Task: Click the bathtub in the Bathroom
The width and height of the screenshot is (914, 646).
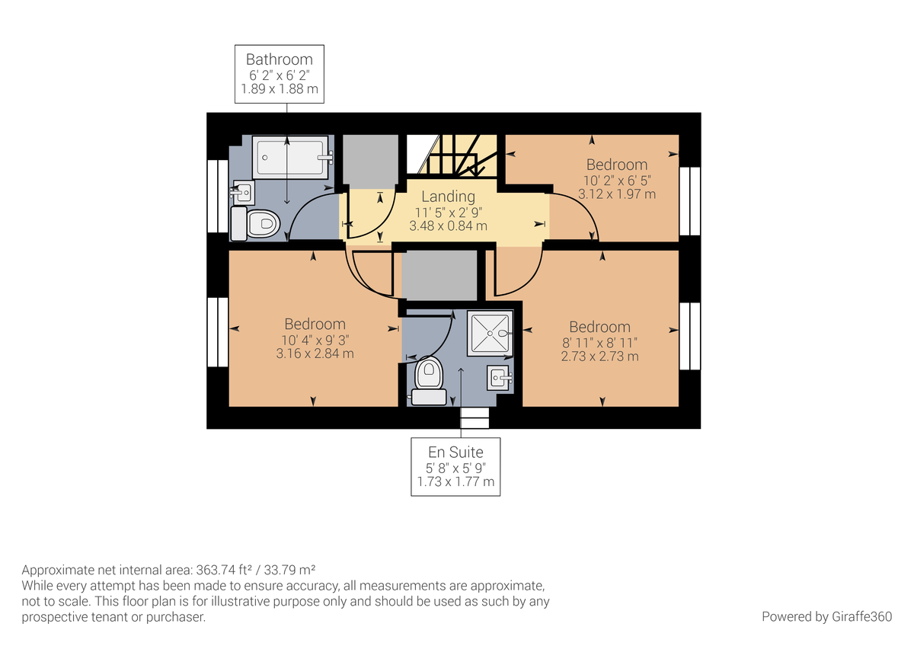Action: point(290,157)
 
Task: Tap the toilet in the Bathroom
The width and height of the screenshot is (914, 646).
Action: point(255,224)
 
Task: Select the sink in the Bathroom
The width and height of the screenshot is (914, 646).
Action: point(244,193)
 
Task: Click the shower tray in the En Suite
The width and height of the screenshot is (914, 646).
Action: point(490,333)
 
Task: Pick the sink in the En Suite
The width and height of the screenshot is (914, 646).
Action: point(500,378)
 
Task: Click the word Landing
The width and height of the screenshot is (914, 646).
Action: point(448,197)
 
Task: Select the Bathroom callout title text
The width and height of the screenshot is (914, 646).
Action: point(280,59)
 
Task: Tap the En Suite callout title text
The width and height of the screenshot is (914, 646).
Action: point(455,453)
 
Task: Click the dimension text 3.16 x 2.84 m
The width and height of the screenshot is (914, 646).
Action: point(315,353)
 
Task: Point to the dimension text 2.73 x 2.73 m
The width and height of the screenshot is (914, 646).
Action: point(599,357)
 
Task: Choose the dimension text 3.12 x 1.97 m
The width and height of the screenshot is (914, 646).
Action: point(616,193)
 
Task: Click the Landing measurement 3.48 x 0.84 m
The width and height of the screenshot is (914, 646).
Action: point(448,225)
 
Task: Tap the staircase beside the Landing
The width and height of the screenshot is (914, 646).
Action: point(452,157)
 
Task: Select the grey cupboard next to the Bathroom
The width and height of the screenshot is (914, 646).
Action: point(370,161)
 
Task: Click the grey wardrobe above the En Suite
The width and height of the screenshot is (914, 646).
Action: point(439,276)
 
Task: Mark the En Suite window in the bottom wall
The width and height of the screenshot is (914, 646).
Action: point(475,418)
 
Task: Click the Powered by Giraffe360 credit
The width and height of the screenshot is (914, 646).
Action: point(826,616)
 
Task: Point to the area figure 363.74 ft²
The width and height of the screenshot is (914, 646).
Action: point(226,570)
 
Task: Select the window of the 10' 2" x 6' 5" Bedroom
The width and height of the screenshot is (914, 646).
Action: point(689,201)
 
